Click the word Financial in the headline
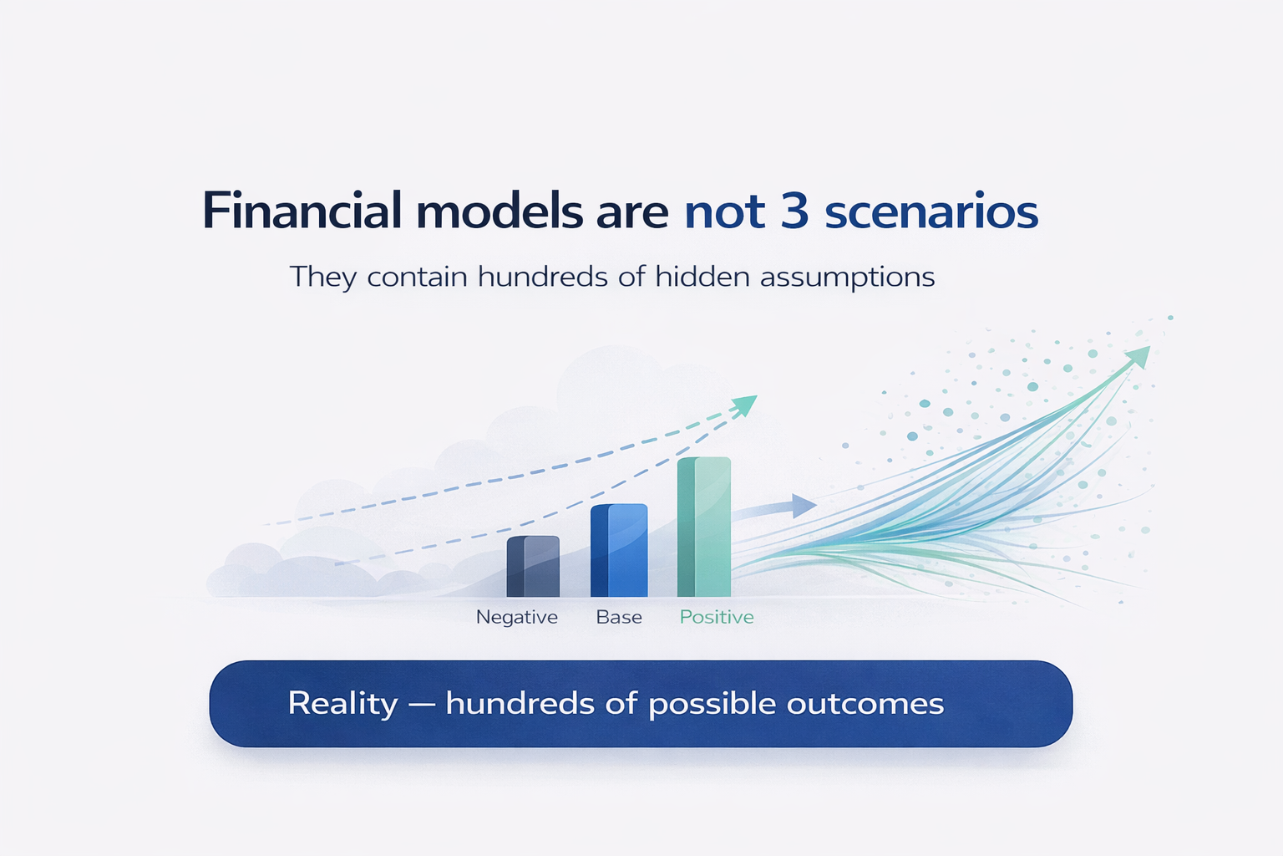click(x=302, y=211)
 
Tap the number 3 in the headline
click(x=794, y=211)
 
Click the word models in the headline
click(x=500, y=211)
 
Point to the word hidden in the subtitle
click(x=702, y=277)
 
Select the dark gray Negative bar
click(x=533, y=567)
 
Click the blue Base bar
click(x=619, y=550)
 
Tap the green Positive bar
click(x=704, y=527)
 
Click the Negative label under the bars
click(x=517, y=618)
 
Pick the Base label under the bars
click(x=619, y=617)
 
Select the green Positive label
click(x=717, y=617)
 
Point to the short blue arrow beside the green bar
click(x=774, y=508)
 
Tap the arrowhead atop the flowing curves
click(x=1138, y=357)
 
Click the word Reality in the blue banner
click(x=342, y=704)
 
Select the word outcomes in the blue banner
click(x=865, y=704)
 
